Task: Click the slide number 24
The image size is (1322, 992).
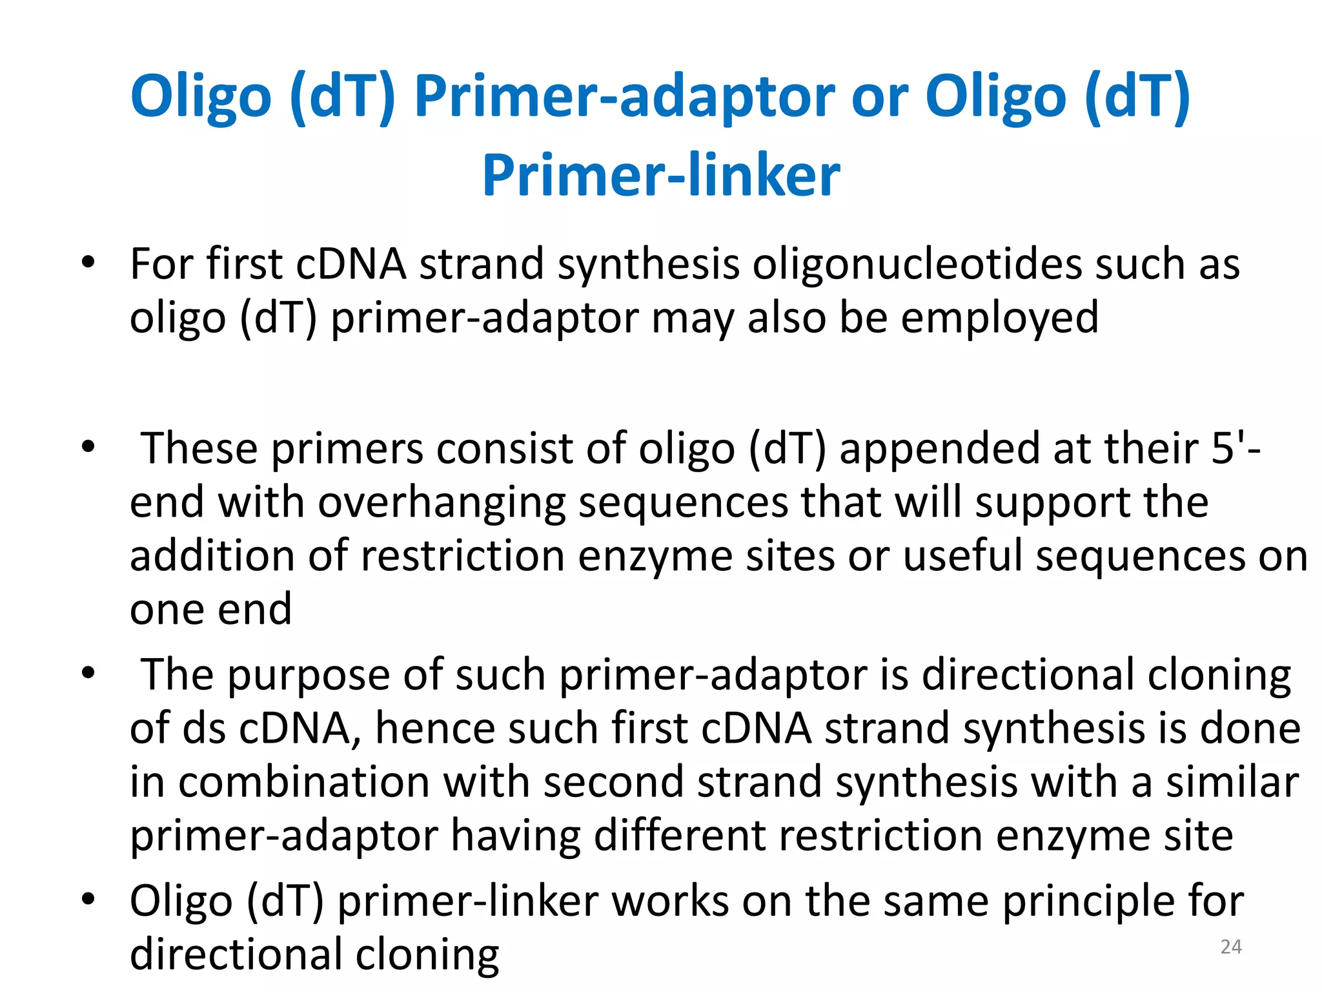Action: tap(1231, 946)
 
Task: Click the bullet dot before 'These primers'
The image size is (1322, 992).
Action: tap(88, 446)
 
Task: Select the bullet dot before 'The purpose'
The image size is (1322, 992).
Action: tap(88, 674)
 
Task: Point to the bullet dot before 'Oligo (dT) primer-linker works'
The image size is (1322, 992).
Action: tap(88, 899)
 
